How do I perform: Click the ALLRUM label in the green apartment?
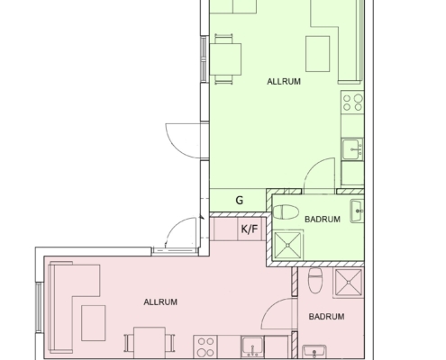click(284, 82)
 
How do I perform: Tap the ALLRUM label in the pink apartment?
click(160, 302)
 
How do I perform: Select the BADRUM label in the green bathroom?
click(323, 220)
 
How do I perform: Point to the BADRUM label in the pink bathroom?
click(326, 317)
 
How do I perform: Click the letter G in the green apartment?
click(240, 200)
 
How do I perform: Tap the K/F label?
click(250, 229)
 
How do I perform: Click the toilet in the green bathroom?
click(286, 211)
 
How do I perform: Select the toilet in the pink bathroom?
click(315, 281)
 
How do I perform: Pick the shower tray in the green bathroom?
click(287, 245)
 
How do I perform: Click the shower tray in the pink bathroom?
click(349, 283)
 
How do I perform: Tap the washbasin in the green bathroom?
click(357, 211)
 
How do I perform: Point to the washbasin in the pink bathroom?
click(314, 352)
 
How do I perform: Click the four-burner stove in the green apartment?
click(352, 103)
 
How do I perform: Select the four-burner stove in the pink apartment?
click(205, 346)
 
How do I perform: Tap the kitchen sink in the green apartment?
click(352, 149)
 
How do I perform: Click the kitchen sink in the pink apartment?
click(252, 347)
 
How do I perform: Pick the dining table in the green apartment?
click(225, 59)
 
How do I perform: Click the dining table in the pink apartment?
click(150, 343)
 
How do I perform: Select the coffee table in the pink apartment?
click(94, 323)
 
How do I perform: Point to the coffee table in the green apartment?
click(317, 54)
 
